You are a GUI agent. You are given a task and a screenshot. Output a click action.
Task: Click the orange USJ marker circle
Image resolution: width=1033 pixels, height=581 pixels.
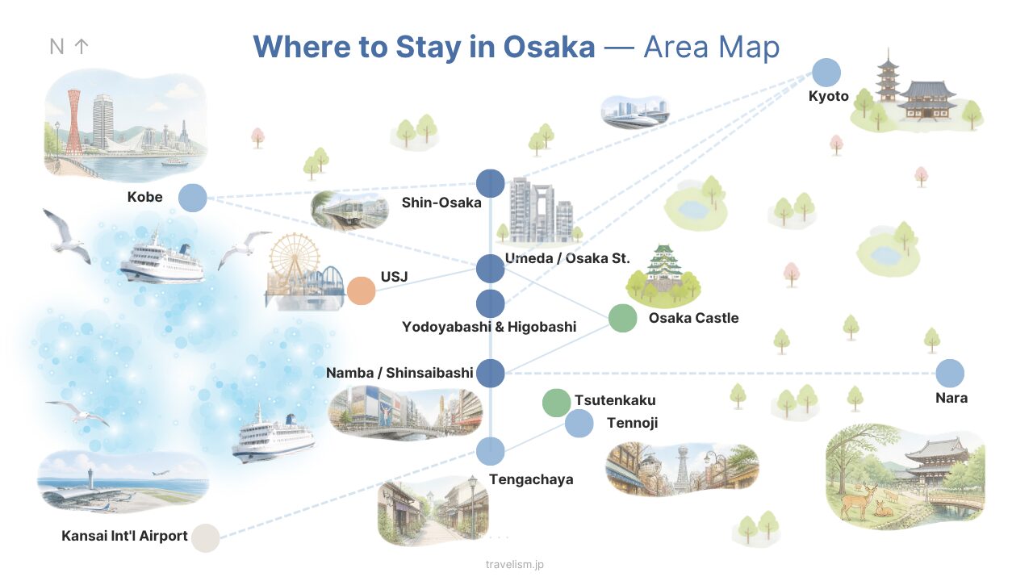(361, 291)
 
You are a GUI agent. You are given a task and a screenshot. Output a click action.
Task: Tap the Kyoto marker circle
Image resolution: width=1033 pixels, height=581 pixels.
(826, 73)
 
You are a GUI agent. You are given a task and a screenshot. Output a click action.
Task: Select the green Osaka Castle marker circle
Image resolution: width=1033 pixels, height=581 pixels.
(622, 318)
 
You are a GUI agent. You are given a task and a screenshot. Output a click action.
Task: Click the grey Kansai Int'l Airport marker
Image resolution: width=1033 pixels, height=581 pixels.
(206, 537)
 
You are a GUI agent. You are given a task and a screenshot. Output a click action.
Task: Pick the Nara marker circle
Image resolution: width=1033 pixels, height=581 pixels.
(950, 373)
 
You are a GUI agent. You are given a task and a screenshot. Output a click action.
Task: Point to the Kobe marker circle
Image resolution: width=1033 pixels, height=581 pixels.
(193, 198)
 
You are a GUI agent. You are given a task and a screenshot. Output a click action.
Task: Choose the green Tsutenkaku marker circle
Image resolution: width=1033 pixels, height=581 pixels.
(556, 403)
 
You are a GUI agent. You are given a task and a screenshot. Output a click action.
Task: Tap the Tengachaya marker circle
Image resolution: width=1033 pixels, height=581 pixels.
(490, 451)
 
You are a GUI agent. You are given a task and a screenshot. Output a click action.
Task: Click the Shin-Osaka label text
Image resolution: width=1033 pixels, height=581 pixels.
(441, 203)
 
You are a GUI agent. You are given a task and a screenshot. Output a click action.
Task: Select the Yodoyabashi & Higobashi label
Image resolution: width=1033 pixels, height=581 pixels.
(489, 327)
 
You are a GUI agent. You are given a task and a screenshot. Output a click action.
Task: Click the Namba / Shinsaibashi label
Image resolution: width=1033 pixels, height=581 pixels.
(399, 373)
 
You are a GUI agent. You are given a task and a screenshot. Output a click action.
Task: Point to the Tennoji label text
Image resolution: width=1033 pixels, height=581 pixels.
(632, 423)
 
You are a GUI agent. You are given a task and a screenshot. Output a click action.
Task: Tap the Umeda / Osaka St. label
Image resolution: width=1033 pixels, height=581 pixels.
(567, 258)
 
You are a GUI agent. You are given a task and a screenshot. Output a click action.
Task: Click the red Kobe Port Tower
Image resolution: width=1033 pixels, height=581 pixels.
(74, 122)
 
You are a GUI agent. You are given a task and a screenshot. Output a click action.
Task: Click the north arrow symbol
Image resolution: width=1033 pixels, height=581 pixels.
(82, 46)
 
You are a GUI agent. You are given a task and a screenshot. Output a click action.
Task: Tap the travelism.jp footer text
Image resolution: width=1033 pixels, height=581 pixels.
(515, 564)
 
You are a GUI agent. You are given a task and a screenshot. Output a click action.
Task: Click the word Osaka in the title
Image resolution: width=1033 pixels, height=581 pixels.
(549, 47)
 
